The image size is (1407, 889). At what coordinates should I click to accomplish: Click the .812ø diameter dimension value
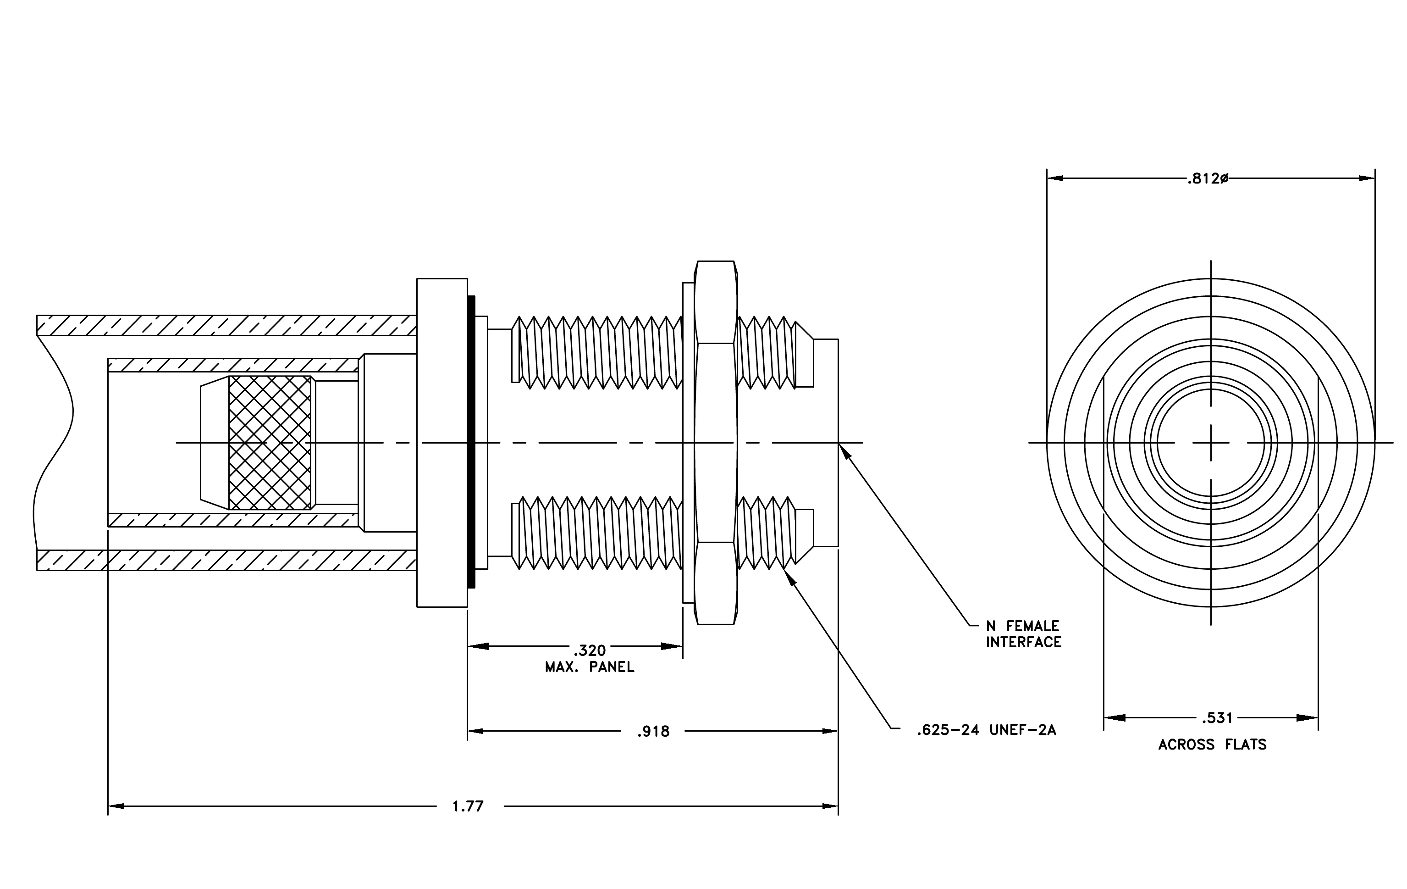coord(1208,179)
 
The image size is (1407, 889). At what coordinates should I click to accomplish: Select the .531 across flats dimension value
coord(1217,718)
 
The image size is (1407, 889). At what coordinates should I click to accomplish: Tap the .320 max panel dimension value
coord(590,650)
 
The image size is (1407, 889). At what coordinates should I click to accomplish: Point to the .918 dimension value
coord(653,731)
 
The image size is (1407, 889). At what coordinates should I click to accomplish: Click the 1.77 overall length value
coord(468,806)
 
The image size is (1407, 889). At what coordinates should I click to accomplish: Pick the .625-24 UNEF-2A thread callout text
coord(986,730)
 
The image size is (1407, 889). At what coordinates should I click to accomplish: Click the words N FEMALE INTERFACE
coord(1024,634)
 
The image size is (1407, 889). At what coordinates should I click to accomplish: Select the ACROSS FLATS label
coord(1213,745)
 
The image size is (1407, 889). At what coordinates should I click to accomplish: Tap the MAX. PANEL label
coord(590,667)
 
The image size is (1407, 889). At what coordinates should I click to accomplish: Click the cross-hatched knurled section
coord(270,443)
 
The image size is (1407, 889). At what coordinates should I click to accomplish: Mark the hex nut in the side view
coord(716,443)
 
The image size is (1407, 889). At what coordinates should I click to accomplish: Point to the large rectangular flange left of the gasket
coord(442,443)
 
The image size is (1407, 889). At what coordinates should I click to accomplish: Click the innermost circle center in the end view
coord(1211,443)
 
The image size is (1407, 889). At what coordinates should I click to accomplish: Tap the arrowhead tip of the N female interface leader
coord(839,445)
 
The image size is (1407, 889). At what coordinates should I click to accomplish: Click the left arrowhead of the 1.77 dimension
coord(109,806)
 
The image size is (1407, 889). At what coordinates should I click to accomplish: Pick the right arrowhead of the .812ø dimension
coord(1374,178)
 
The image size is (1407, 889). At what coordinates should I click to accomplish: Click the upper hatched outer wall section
coord(227,325)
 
